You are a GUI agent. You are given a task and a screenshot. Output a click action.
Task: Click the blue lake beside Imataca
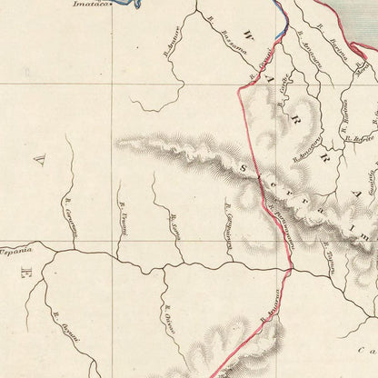click(x=135, y=5)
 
